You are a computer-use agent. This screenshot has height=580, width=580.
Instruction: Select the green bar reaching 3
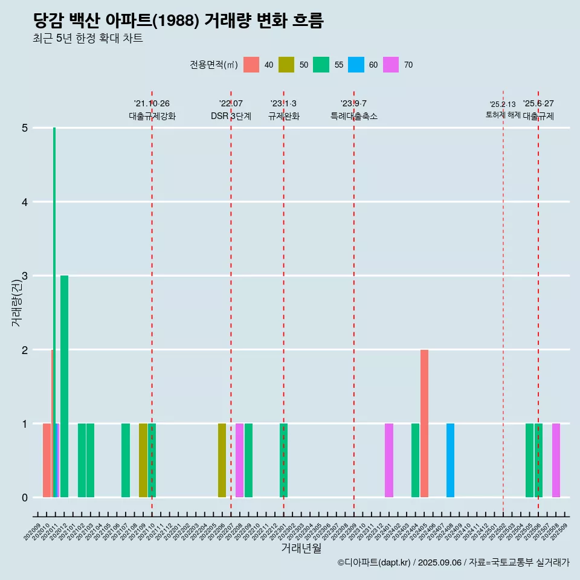coord(64,387)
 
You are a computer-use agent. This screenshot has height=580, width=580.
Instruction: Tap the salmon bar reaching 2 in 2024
coord(424,423)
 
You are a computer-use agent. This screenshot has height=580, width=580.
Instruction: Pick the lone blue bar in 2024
coord(450,460)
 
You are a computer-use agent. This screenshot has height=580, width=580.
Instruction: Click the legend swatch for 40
coord(251,65)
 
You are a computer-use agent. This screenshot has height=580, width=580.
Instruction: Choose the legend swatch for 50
coord(286,65)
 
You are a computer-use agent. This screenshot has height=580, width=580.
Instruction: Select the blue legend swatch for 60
coord(356,65)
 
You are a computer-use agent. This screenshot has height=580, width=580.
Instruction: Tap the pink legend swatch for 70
coord(391,65)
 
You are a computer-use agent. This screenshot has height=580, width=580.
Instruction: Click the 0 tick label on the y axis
coord(25,498)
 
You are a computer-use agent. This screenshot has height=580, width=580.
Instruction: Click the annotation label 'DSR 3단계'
coord(231,116)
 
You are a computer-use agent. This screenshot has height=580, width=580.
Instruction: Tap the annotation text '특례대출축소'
coord(354,116)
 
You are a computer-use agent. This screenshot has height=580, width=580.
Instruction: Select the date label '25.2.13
coord(503,105)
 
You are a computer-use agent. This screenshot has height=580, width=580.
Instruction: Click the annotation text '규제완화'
coord(283,116)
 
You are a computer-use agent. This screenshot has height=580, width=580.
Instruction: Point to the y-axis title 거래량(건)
coord(16,304)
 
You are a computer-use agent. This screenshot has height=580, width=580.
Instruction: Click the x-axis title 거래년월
coord(301,548)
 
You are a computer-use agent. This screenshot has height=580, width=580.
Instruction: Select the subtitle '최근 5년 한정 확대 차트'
coord(88,39)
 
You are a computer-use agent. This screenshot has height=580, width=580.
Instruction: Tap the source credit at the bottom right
coord(453,562)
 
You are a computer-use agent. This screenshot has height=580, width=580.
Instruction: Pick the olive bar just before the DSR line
coord(222,460)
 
